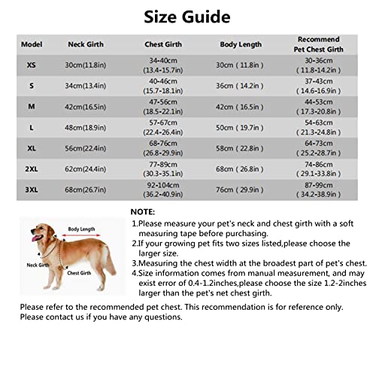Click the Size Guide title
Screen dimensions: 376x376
(187, 16)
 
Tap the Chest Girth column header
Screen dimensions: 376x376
(164, 44)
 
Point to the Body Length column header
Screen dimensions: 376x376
(240, 44)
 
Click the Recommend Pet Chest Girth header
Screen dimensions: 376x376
(318, 44)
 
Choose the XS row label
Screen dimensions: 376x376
(31, 65)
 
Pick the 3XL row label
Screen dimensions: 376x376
(31, 190)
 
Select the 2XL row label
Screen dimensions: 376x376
(31, 169)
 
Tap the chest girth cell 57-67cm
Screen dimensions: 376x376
(164, 123)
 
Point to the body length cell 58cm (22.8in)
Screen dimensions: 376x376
(240, 149)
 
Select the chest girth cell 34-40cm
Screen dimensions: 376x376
(164, 60)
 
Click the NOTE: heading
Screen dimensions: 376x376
(143, 213)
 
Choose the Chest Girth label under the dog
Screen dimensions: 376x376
(80, 273)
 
